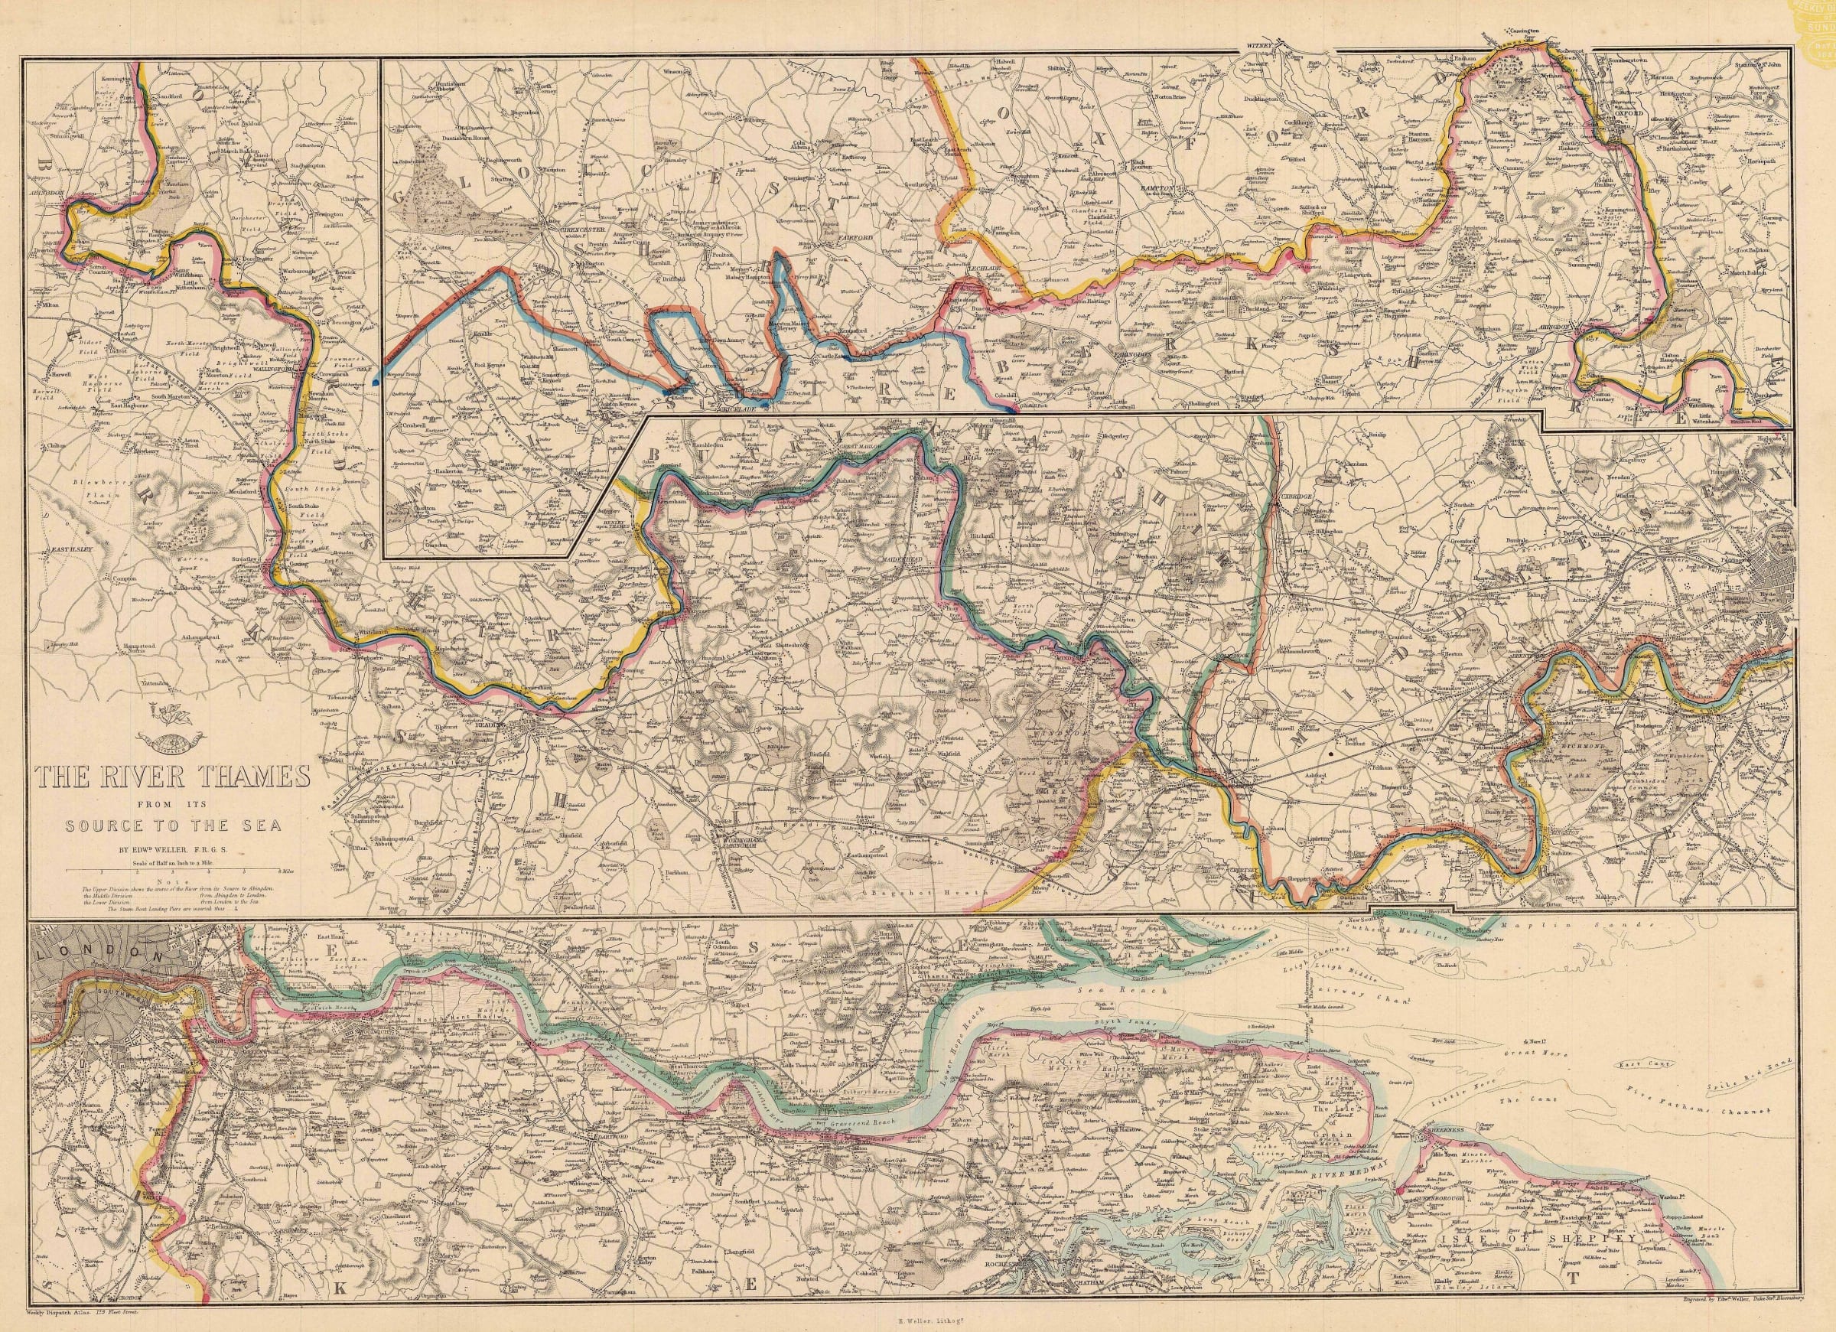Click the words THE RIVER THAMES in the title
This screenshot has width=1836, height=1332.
[x=171, y=779]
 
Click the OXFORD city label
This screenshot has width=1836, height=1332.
[x=1628, y=114]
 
